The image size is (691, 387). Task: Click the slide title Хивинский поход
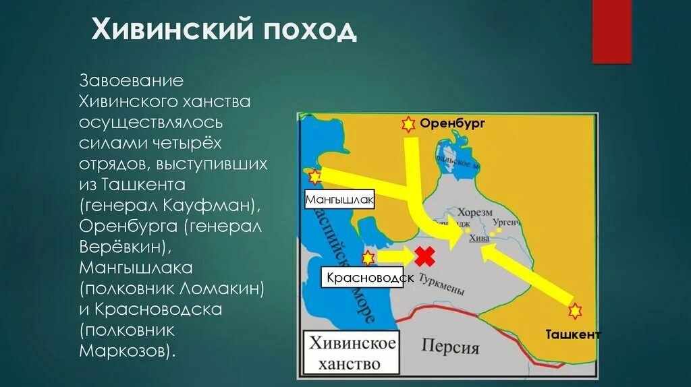coord(223,30)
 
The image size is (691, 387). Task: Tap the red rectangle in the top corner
coord(611,31)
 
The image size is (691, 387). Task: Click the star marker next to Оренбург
coord(408,124)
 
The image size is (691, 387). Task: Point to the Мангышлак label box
coord(339,200)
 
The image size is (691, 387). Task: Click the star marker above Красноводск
coord(368,257)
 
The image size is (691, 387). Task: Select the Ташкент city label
coord(574,334)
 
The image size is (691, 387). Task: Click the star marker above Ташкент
coord(574,311)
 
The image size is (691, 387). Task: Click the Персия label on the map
coord(450,347)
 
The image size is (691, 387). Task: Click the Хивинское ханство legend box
coord(352,354)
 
